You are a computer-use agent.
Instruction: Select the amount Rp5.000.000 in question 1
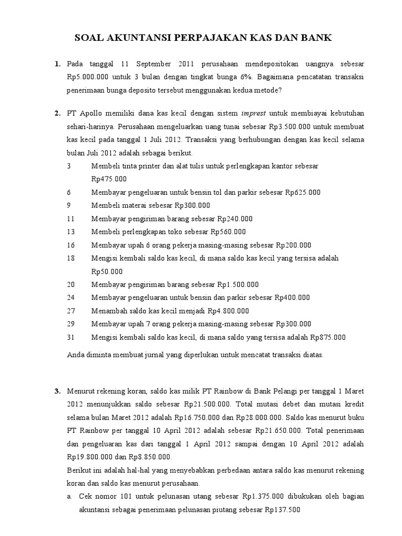89,77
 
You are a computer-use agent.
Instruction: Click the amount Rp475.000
109,179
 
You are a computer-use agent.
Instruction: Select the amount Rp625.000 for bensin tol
303,192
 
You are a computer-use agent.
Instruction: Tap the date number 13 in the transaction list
71,231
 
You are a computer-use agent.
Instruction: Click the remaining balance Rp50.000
107,271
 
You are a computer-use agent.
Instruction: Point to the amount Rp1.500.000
238,285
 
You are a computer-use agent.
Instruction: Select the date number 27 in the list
71,311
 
